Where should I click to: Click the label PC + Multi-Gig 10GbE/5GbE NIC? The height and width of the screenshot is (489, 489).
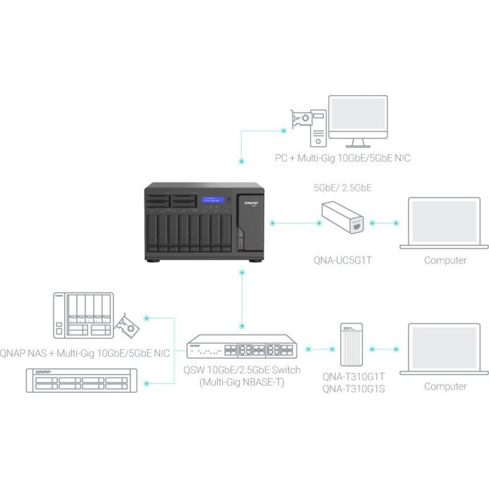(342, 158)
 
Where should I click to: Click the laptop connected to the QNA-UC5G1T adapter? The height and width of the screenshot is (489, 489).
(444, 223)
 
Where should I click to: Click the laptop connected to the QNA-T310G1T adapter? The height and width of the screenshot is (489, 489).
(444, 349)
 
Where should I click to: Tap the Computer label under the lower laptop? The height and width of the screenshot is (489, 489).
(445, 387)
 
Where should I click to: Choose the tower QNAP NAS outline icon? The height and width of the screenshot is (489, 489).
(84, 315)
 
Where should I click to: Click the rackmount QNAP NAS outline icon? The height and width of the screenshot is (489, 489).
(82, 380)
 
